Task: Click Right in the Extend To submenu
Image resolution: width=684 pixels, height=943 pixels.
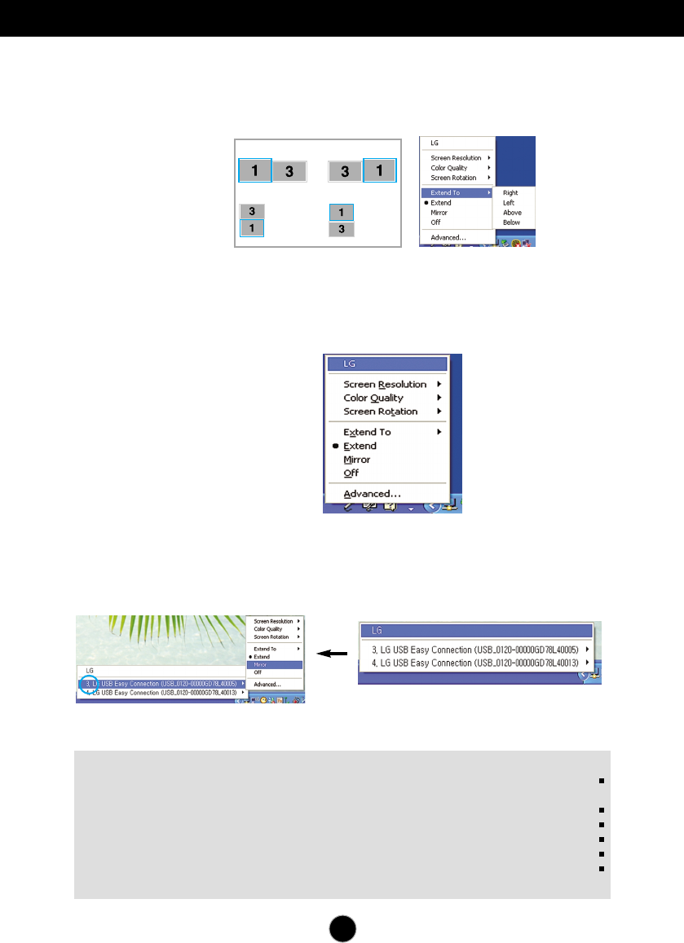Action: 510,193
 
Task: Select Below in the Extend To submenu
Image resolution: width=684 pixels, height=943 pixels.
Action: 512,222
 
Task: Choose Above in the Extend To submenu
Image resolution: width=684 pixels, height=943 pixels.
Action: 512,213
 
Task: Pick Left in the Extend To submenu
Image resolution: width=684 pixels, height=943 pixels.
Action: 510,203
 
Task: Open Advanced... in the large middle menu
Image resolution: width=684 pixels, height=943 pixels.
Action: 372,494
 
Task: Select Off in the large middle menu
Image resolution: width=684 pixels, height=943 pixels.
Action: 351,473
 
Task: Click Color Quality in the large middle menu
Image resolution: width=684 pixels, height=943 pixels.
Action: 373,398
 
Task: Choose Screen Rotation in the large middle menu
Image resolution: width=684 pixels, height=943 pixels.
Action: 380,412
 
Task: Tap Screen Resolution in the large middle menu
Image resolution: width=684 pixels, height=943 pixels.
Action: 385,384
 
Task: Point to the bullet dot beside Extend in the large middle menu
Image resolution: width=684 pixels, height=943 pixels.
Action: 335,447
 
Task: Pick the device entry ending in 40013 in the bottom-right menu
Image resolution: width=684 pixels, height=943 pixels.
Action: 474,663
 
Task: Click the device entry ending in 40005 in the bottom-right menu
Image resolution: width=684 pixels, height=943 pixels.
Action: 474,650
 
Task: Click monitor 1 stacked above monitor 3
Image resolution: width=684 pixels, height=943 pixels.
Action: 342,213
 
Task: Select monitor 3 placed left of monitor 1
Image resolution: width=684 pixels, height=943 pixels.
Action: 345,171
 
